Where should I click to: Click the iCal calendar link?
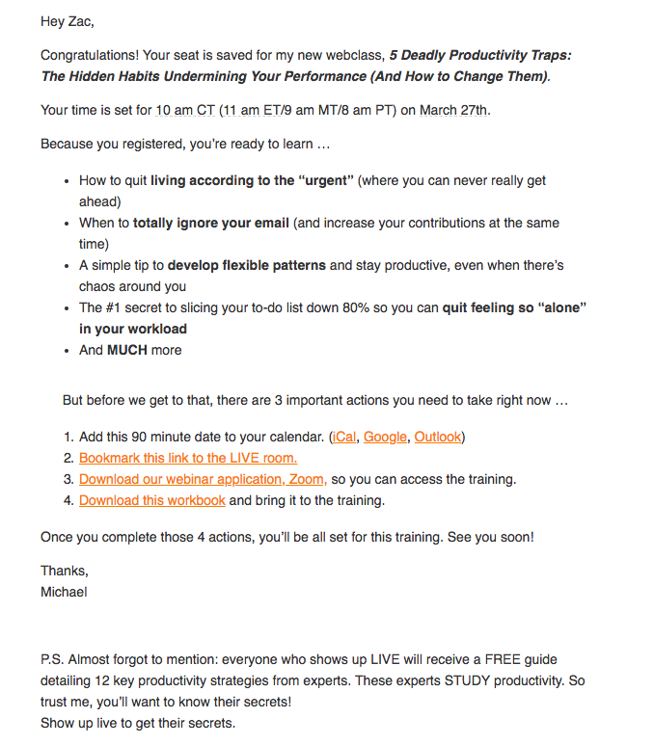point(343,437)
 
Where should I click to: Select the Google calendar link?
point(385,437)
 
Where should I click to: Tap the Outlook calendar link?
point(438,437)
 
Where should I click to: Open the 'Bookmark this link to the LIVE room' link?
point(188,458)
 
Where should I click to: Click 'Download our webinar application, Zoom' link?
point(203,479)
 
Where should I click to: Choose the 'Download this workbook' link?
point(152,500)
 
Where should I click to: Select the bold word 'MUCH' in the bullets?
point(127,350)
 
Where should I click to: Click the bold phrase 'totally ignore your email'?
point(211,223)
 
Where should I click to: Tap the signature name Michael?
point(64,592)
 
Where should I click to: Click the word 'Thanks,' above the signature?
point(65,571)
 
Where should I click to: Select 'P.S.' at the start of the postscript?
point(54,660)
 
